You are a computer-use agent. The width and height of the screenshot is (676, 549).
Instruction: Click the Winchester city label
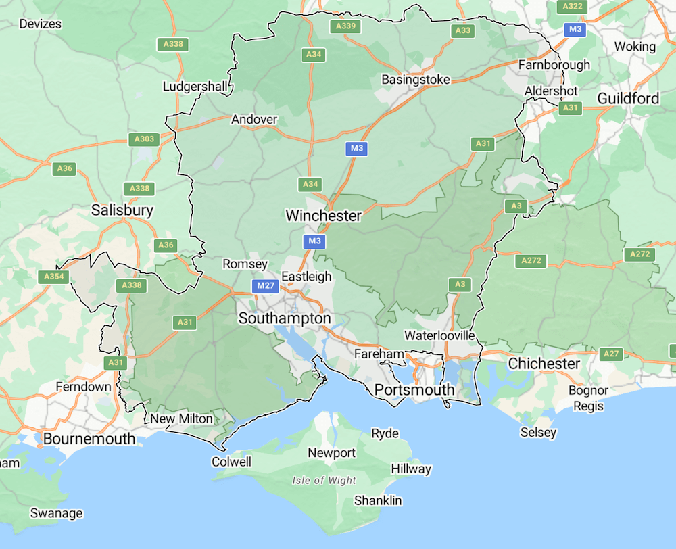coord(323,216)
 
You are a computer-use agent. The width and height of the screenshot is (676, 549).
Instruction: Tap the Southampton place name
coord(285,318)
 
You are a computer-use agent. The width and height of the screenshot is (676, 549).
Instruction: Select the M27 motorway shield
coord(265,286)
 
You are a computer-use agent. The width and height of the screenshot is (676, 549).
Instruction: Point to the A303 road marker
coord(144,139)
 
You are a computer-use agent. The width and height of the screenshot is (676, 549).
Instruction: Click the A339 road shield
coord(345,26)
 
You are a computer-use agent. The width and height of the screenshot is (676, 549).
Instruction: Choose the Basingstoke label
coord(415,80)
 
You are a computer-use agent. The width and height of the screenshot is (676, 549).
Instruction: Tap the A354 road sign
coord(53,277)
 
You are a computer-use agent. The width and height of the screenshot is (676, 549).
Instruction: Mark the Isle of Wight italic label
coord(324,481)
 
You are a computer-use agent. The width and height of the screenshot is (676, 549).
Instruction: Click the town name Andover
coord(254,120)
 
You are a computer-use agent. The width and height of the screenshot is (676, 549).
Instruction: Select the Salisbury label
coord(122,210)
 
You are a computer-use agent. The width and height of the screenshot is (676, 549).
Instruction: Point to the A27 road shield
coord(611,354)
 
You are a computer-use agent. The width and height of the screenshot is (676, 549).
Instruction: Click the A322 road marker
coord(572,6)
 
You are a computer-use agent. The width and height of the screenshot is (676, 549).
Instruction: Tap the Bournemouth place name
coord(89,439)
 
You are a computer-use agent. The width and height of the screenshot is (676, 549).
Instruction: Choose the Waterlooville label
coord(439,335)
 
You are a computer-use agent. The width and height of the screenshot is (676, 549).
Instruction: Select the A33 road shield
coord(463,30)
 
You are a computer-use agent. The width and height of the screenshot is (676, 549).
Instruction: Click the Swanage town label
coord(56,513)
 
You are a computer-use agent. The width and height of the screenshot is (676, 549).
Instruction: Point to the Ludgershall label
coord(197,87)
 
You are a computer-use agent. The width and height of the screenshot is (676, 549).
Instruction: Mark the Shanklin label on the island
coord(378,501)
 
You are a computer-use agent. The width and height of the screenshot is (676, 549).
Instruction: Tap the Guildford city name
coord(628,99)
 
